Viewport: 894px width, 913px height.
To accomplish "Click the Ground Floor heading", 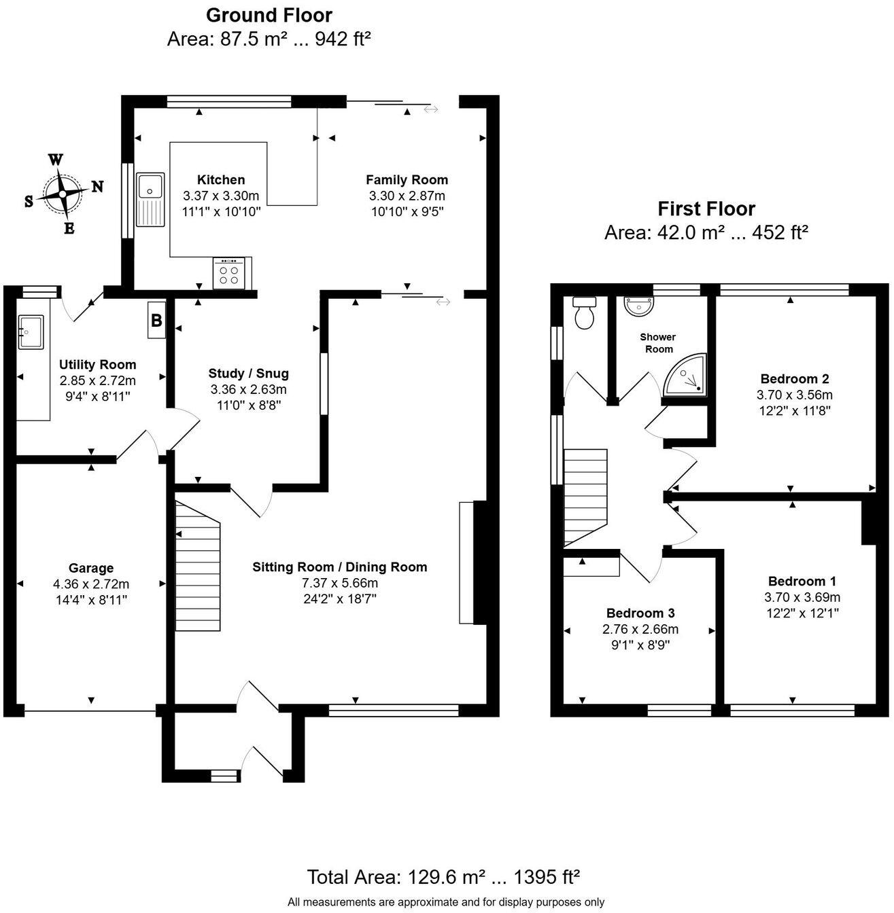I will pos(269,15).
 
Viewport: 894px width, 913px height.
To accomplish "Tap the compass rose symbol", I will pos(63,194).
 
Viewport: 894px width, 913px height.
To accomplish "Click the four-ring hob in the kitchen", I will pos(229,273).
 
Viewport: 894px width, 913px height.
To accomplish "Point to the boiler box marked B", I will pos(156,320).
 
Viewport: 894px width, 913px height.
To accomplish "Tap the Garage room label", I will pos(91,568).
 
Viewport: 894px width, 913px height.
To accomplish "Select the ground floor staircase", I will pos(198,565).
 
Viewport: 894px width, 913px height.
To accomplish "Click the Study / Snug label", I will pos(248,373).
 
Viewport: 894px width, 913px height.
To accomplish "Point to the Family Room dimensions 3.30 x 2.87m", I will pos(407,196).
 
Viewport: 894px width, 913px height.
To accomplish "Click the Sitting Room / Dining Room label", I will pos(339,567).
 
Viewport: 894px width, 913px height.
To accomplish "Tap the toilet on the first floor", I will pos(584,312).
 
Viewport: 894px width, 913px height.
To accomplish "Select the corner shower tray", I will pos(685,376).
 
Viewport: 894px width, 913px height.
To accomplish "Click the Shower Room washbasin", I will pos(639,306).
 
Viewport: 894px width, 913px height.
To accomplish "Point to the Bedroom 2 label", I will pos(794,379).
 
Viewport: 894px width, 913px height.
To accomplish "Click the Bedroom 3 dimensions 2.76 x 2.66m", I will pos(640,629).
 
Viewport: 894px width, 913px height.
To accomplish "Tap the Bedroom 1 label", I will pos(802,581).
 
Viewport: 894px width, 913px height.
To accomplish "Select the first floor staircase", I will pos(585,496).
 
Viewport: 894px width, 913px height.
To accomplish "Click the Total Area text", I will pos(443,876).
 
